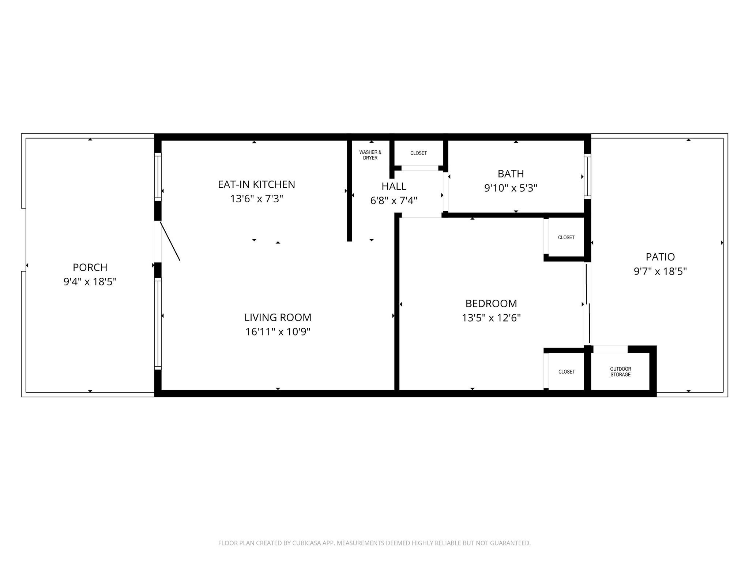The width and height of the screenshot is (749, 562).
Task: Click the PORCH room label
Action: tap(90, 267)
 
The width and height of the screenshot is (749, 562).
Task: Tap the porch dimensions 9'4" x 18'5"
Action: tap(90, 282)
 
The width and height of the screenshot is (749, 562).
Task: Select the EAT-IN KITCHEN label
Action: tap(256, 184)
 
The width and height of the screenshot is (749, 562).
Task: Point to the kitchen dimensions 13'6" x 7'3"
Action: tap(256, 199)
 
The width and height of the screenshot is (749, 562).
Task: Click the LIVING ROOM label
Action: tap(278, 317)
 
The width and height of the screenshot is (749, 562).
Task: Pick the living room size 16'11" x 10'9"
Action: tap(278, 332)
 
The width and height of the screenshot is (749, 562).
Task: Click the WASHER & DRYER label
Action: tap(370, 155)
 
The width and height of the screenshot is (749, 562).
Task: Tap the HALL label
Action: tap(394, 186)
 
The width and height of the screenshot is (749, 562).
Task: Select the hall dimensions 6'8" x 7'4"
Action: tap(394, 201)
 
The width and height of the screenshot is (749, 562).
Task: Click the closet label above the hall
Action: tap(418, 153)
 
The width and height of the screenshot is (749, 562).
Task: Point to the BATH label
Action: tap(511, 173)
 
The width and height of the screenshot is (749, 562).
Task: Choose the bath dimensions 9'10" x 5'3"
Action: tap(511, 188)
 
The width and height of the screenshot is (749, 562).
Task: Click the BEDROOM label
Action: tap(491, 303)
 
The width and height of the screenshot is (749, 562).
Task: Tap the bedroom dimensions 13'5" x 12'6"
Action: tap(491, 318)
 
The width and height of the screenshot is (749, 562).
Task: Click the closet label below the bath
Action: tap(566, 237)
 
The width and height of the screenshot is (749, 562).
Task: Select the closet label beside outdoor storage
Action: tap(567, 372)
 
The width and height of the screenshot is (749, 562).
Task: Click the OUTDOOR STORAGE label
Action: tap(620, 372)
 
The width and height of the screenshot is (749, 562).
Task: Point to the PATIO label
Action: tap(660, 257)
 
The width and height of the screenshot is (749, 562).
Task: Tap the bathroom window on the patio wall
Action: tap(587, 177)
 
